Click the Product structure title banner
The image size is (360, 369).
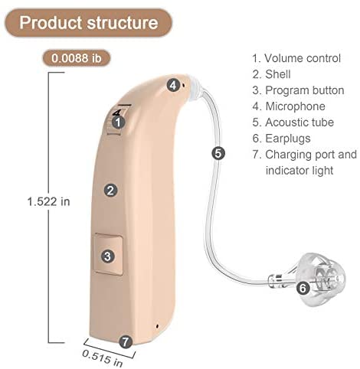pos(88,23)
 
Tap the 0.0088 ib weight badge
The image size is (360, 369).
pos(77,58)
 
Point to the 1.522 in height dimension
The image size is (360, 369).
pos(48,201)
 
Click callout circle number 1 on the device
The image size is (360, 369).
pos(118,122)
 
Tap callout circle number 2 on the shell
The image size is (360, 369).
pos(110,191)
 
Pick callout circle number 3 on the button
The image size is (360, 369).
pos(108,256)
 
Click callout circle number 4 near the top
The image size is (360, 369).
pos(173,85)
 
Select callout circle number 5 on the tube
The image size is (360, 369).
pos(218,153)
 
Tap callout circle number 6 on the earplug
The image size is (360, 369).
pos(303,289)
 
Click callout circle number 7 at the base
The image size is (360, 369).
pos(126,341)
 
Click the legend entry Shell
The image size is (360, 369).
pos(272,74)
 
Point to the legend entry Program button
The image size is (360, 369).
pos(298,90)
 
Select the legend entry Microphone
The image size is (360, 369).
pos(289,106)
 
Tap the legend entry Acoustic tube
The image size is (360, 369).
pos(293,122)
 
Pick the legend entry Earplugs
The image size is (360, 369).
pos(281,139)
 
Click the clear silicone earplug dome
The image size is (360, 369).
pos(322,279)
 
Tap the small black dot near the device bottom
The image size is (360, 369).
pos(157,326)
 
